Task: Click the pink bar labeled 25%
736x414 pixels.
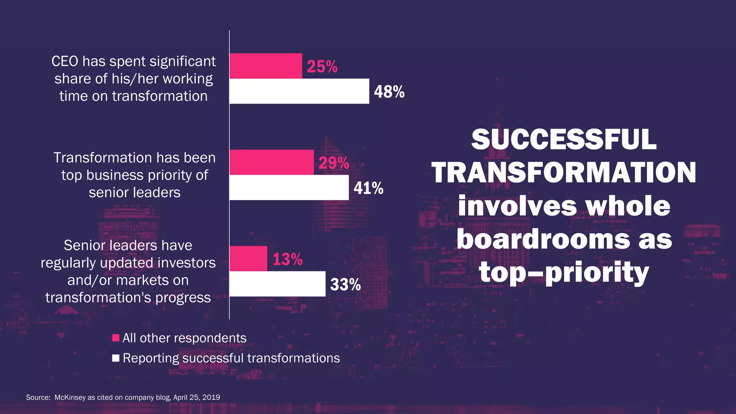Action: point(266,66)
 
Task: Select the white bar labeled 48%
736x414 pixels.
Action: point(299,91)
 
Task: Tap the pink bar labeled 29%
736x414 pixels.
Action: point(271,162)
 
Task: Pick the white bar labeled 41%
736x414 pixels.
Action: point(289,188)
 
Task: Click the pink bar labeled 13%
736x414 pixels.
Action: point(248,259)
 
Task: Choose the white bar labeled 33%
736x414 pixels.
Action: point(277,284)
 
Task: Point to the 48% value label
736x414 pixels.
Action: point(389,92)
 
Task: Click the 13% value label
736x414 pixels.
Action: point(287,259)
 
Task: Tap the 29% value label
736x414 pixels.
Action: point(333,163)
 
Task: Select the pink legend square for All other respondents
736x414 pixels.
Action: point(116,338)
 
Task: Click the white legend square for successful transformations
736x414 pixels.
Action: point(116,358)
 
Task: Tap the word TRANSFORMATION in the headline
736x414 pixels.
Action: point(563,172)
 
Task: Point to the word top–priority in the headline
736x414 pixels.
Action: point(563,272)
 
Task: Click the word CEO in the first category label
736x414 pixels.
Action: point(65,61)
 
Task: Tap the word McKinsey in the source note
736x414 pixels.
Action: point(70,397)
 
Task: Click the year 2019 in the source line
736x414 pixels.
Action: point(211,397)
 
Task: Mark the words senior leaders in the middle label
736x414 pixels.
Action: point(134,193)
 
